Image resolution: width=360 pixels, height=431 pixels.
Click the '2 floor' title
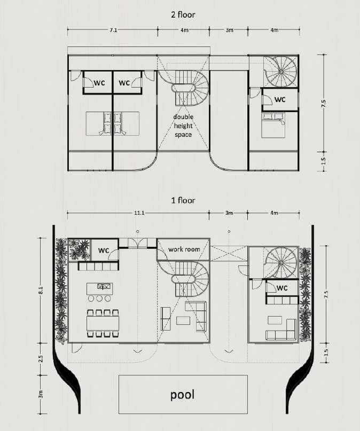[183, 14]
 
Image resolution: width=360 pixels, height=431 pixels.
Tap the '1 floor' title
[183, 200]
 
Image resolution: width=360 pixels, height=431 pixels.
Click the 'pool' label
[183, 395]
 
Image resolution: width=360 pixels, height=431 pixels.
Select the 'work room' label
[184, 249]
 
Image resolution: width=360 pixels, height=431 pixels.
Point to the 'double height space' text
[183, 126]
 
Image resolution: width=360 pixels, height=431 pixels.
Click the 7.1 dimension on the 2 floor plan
[113, 30]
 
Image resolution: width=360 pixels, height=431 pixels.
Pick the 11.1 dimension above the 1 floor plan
[139, 213]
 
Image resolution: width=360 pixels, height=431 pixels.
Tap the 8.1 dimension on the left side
[41, 291]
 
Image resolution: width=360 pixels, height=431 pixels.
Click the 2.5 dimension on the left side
[41, 359]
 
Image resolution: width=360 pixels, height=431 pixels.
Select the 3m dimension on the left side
[41, 394]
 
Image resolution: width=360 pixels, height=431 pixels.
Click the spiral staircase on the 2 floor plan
[281, 71]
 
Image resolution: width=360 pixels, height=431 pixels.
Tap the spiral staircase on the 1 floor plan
[281, 263]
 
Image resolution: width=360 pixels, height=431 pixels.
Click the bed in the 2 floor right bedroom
[273, 125]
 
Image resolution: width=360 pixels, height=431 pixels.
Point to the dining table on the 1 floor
[103, 323]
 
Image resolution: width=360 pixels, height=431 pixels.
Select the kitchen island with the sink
[99, 288]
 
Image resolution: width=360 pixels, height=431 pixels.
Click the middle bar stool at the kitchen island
[99, 299]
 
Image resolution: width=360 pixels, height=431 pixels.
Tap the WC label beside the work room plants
[104, 250]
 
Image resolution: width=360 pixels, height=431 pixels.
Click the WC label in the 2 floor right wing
[280, 99]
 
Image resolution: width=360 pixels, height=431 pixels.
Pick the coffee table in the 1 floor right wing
[275, 320]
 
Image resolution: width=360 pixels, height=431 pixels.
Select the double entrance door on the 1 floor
[137, 243]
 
